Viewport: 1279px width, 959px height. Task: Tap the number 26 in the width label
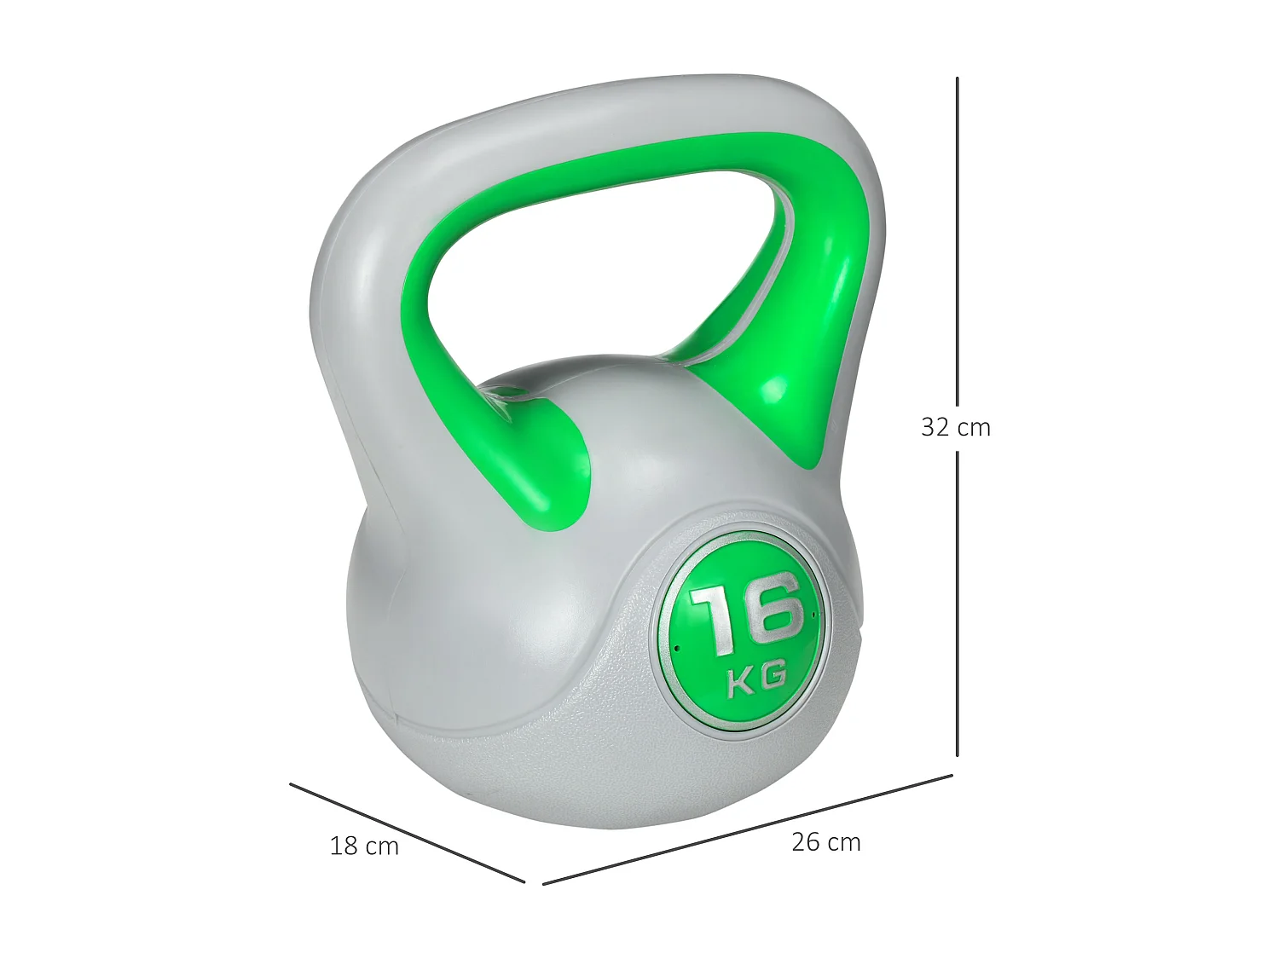point(806,842)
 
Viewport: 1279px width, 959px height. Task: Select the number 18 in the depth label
point(344,846)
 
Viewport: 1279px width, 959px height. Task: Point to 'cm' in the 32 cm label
point(974,427)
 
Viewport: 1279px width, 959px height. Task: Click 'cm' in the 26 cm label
point(844,843)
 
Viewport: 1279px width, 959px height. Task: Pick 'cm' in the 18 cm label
point(382,846)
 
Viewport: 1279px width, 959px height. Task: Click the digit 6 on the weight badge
point(772,609)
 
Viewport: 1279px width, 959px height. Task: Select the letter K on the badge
point(740,683)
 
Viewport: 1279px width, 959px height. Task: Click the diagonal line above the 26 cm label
point(747,829)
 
